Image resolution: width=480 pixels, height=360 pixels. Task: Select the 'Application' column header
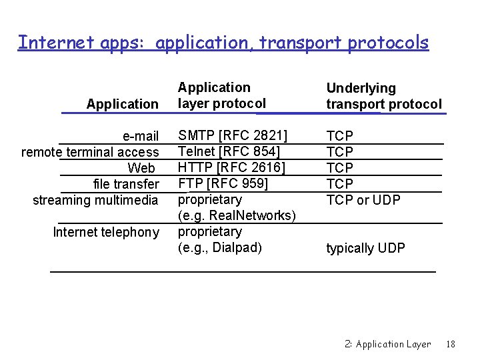click(x=123, y=104)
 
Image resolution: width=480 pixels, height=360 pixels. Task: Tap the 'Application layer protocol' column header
click(x=221, y=95)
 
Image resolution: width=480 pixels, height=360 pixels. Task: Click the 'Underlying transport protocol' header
click(x=383, y=96)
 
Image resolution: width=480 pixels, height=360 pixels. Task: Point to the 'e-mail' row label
click(x=141, y=137)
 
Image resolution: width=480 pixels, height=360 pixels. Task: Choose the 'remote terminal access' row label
click(x=90, y=152)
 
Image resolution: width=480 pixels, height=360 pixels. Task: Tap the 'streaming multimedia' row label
click(x=95, y=200)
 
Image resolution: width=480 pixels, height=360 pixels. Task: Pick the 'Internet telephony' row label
click(x=106, y=232)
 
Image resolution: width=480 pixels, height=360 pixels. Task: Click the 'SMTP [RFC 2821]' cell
click(x=233, y=136)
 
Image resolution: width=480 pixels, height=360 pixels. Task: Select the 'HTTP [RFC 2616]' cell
click(x=232, y=167)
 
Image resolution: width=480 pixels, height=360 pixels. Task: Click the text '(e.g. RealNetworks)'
click(x=237, y=215)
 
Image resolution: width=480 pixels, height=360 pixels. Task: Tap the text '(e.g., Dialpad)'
click(x=220, y=247)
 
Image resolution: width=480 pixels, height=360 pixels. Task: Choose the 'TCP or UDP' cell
click(x=363, y=200)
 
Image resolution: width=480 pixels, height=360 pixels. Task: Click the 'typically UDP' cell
click(x=365, y=248)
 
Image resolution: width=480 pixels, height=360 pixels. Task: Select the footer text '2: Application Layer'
click(x=388, y=344)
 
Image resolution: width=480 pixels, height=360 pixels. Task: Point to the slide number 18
click(x=451, y=344)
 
